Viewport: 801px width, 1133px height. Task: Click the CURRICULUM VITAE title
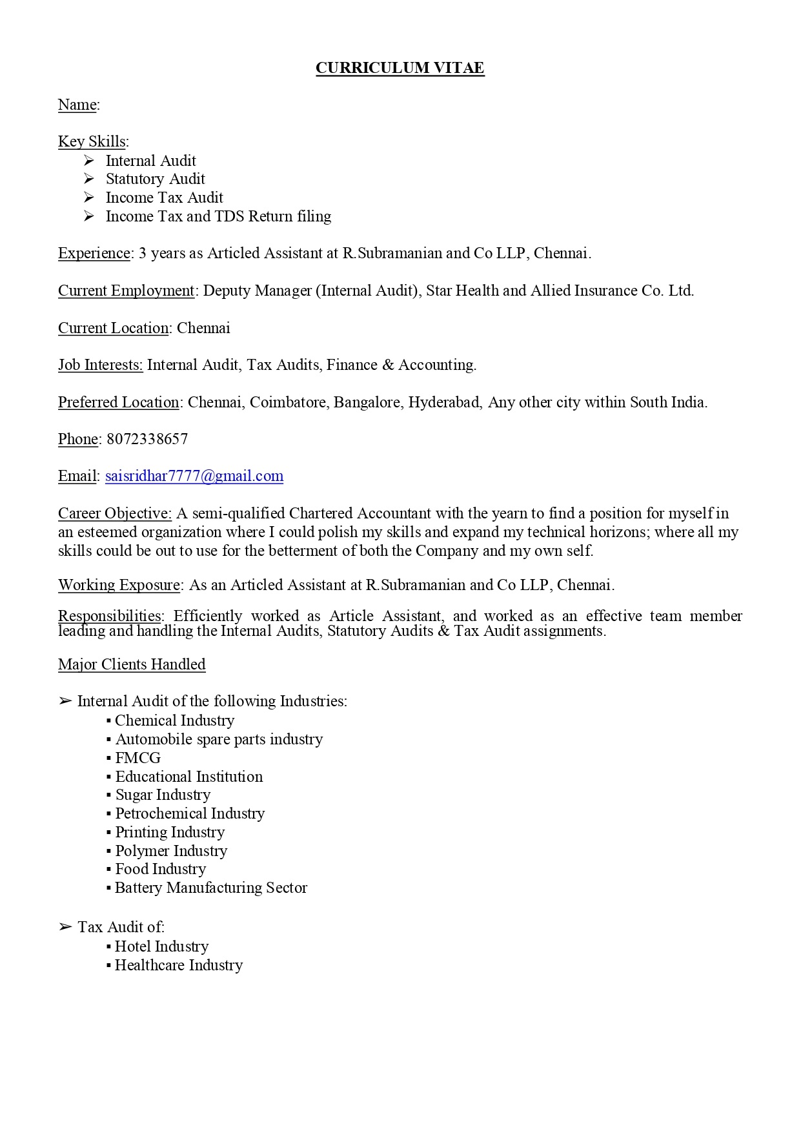400,68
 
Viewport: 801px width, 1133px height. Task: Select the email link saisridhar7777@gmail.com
194,476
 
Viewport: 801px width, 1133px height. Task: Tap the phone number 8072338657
147,439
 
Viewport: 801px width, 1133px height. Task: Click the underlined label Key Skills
92,141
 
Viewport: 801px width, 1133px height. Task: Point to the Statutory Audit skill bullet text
155,179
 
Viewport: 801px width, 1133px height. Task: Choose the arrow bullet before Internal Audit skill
89,160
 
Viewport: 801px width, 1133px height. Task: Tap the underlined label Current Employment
126,291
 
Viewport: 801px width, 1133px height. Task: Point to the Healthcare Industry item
178,965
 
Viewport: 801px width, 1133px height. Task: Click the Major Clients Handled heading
132,664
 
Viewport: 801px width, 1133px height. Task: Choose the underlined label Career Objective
114,513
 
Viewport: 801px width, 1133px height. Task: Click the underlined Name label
77,105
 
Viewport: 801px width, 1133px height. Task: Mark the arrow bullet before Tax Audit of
65,927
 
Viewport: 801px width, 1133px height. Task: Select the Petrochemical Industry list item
189,813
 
